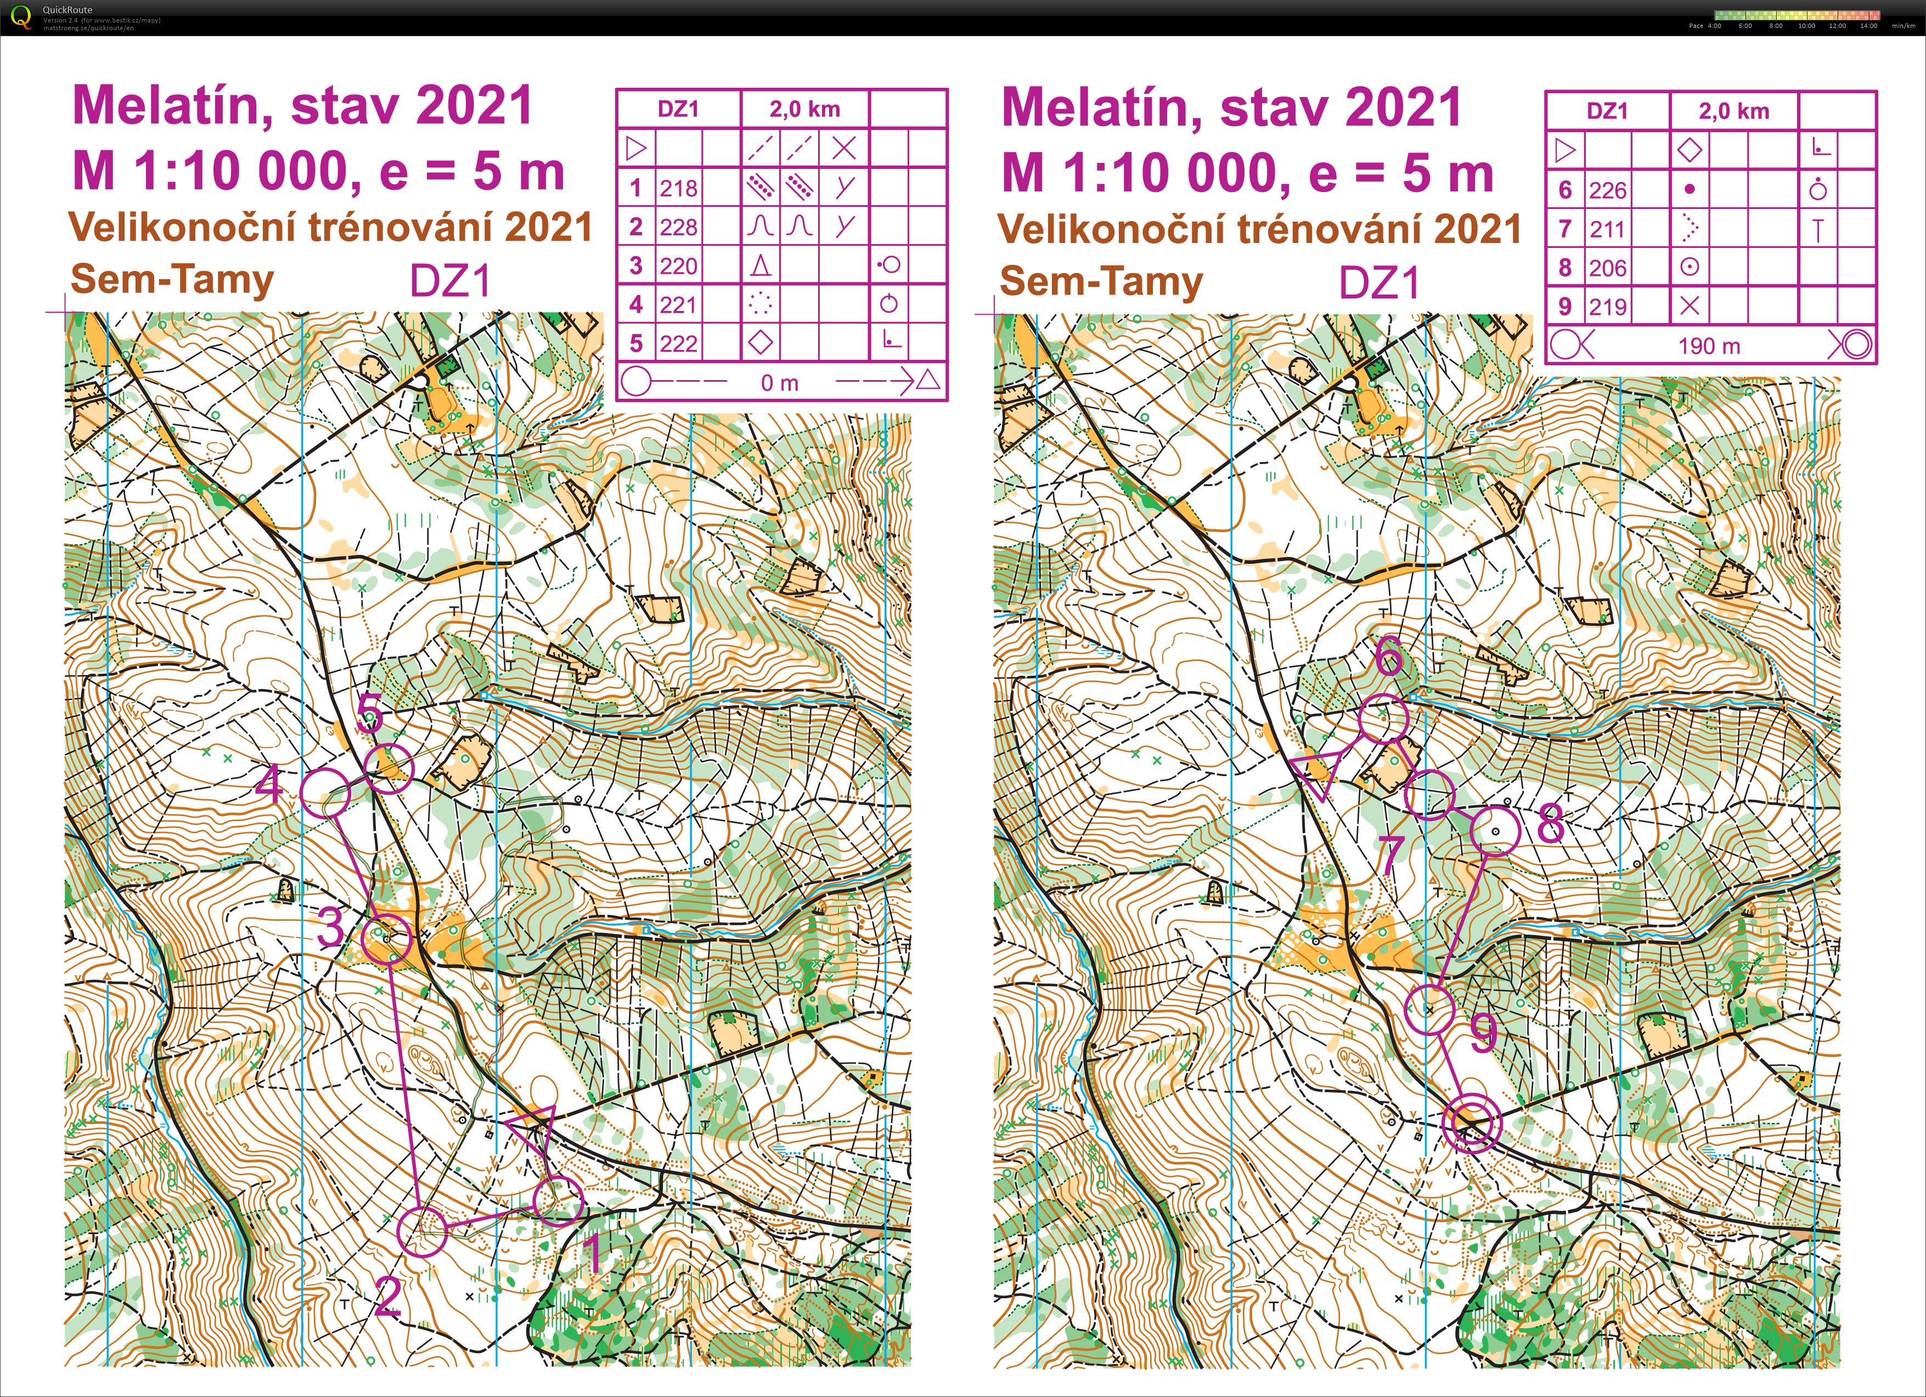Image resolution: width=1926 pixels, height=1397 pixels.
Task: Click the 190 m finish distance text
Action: (1709, 346)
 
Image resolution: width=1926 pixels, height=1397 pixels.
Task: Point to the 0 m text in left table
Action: (780, 383)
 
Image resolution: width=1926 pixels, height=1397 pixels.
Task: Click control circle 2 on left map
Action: (422, 1231)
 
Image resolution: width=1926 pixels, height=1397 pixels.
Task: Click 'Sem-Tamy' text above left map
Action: (172, 279)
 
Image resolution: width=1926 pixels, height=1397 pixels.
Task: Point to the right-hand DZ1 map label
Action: (1379, 282)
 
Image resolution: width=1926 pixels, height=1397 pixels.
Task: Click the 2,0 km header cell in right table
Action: (1733, 111)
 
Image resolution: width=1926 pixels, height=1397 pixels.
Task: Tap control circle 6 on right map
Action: (1383, 718)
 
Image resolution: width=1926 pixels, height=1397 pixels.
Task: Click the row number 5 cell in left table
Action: (636, 344)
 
